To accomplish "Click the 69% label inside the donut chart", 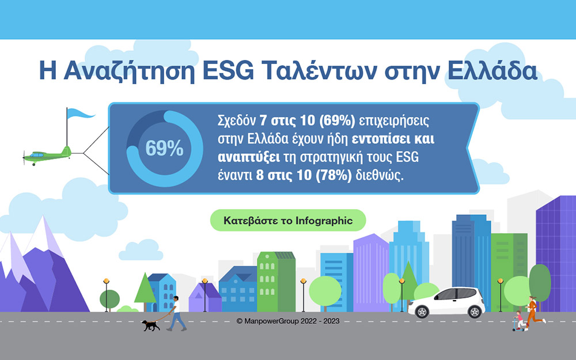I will click(164, 149).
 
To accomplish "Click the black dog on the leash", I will click(151, 325).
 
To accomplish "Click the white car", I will click(446, 302).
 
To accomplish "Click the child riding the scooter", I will click(520, 321).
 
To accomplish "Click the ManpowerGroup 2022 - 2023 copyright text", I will click(288, 321).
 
